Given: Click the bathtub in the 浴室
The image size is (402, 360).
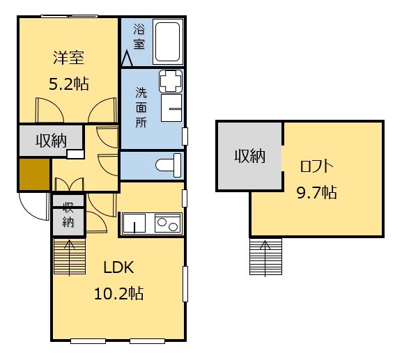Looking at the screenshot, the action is pyautogui.click(x=168, y=42).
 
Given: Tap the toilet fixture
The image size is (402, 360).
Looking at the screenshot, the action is pyautogui.click(x=169, y=165).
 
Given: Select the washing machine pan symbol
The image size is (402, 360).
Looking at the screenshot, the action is pyautogui.click(x=171, y=81).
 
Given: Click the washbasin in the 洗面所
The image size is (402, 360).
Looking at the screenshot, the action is pyautogui.click(x=171, y=108).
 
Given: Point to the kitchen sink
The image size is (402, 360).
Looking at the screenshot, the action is pyautogui.click(x=134, y=224).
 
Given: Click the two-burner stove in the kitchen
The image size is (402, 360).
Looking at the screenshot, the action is pyautogui.click(x=168, y=224).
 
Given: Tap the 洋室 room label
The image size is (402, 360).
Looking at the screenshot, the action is pyautogui.click(x=68, y=58).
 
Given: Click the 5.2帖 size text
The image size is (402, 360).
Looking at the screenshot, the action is pyautogui.click(x=69, y=84).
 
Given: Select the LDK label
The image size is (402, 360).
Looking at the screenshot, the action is pyautogui.click(x=118, y=267).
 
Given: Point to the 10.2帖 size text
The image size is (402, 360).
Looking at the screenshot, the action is pyautogui.click(x=118, y=293).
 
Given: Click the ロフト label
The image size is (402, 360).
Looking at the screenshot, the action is pyautogui.click(x=316, y=166).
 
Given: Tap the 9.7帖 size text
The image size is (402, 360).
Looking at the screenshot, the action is pyautogui.click(x=316, y=192).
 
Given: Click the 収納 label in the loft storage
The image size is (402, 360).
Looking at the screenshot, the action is pyautogui.click(x=249, y=156).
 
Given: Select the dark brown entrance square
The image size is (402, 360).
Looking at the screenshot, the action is pyautogui.click(x=35, y=174).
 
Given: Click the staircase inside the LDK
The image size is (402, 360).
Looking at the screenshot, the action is pyautogui.click(x=70, y=256).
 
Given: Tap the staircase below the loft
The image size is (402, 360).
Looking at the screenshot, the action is pyautogui.click(x=265, y=257).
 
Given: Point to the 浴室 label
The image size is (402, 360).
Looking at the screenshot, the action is pyautogui.click(x=139, y=36).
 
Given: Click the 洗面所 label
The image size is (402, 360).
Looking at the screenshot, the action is pyautogui.click(x=141, y=107).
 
